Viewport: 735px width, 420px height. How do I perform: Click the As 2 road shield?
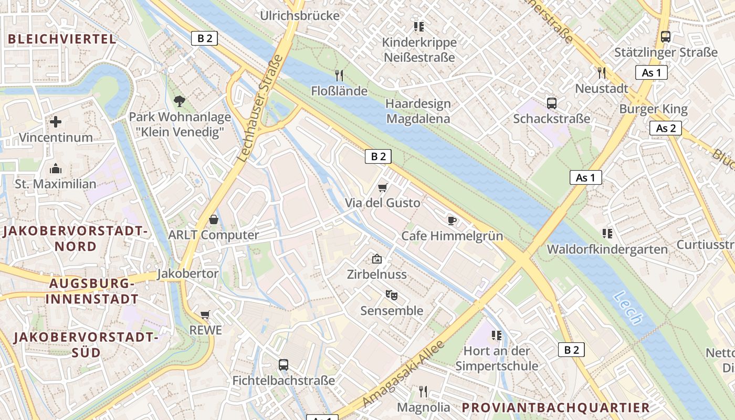(665, 128)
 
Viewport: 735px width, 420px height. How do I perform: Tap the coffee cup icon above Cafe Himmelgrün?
(452, 220)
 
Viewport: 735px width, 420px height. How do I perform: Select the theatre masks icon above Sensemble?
(391, 296)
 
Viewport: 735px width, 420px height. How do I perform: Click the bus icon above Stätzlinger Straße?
(666, 37)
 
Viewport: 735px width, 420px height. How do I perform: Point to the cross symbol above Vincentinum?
(56, 122)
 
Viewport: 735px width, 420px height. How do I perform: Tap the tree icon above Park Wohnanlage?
(180, 101)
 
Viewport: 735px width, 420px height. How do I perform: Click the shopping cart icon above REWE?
(205, 315)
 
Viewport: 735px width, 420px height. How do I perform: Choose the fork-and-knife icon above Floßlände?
(339, 76)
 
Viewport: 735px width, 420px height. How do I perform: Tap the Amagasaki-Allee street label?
(404, 373)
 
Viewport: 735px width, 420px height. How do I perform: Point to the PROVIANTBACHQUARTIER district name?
(556, 407)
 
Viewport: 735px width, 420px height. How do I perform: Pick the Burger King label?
(653, 109)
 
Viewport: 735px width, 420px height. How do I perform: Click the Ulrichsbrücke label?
(300, 16)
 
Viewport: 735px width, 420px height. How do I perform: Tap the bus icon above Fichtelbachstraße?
(283, 365)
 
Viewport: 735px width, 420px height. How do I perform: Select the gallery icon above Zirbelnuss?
(376, 259)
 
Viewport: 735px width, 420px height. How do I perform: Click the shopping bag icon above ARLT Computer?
(213, 219)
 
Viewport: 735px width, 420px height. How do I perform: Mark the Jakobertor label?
(187, 274)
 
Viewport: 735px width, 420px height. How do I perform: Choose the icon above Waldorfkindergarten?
(607, 233)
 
